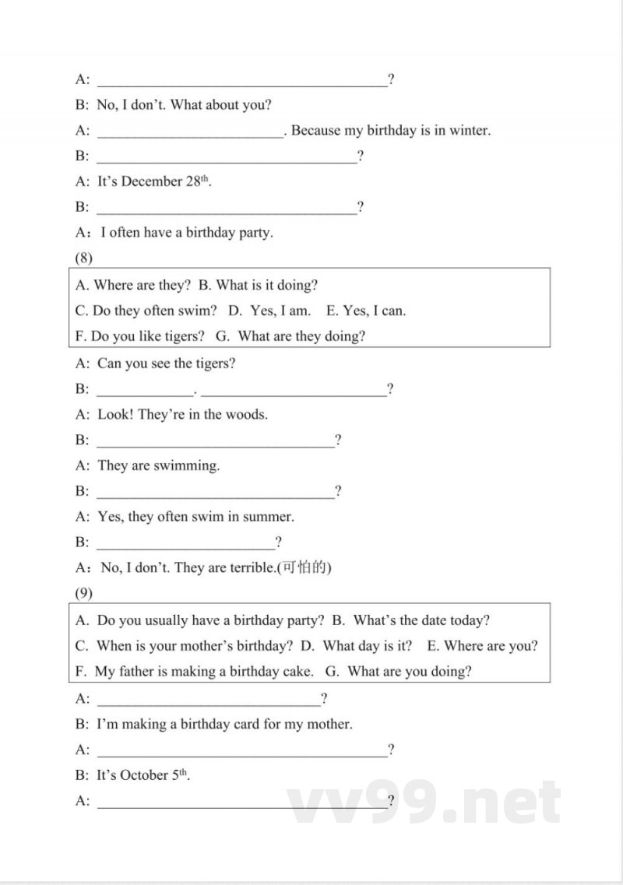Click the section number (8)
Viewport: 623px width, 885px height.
point(83,258)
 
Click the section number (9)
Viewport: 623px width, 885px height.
point(83,593)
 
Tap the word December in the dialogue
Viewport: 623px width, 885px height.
point(152,182)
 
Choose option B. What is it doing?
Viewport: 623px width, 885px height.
point(258,286)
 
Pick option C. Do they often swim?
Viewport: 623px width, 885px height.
point(146,311)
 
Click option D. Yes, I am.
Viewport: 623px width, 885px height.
point(269,311)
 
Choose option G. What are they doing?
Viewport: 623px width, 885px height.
point(291,336)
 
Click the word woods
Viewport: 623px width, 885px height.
point(248,414)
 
